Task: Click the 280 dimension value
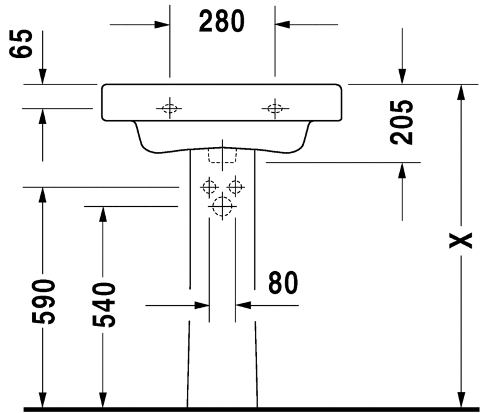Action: pyautogui.click(x=222, y=21)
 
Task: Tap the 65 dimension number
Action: pyautogui.click(x=21, y=44)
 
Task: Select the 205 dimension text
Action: pyautogui.click(x=401, y=122)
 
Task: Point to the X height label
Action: pyautogui.click(x=460, y=240)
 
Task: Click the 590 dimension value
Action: pyautogui.click(x=43, y=301)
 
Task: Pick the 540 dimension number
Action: pyautogui.click(x=104, y=304)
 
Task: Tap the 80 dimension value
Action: pyautogui.click(x=283, y=283)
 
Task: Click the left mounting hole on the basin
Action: pyautogui.click(x=170, y=108)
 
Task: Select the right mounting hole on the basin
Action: pyautogui.click(x=275, y=108)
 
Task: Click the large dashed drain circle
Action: pyautogui.click(x=222, y=206)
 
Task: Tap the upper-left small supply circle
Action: pyautogui.click(x=210, y=187)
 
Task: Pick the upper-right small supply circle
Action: pyautogui.click(x=236, y=187)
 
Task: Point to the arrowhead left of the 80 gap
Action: pyautogui.click(x=202, y=306)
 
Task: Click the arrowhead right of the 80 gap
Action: pyautogui.click(x=243, y=306)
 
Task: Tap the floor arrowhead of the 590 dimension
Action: pyautogui.click(x=43, y=400)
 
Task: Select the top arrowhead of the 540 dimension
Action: pyautogui.click(x=103, y=214)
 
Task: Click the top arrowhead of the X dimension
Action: pyautogui.click(x=461, y=92)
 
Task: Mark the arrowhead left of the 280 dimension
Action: pyautogui.click(x=162, y=25)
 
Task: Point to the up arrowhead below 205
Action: pyautogui.click(x=402, y=171)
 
